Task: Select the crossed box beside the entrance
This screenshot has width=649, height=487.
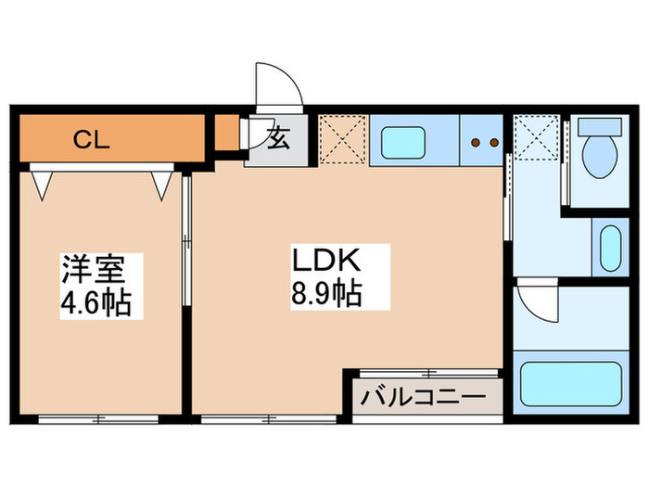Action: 344,140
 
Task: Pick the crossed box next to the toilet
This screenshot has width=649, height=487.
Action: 538,140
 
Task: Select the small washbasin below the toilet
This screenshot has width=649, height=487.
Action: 610,249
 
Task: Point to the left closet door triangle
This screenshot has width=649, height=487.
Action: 43,186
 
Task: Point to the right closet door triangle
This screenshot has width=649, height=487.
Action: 162,186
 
